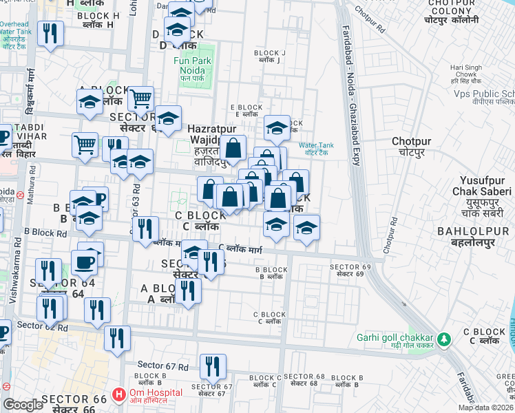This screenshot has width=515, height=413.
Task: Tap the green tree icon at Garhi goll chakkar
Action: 444,338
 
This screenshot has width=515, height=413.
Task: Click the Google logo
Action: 23,405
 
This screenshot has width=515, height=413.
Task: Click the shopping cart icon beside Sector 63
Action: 140,99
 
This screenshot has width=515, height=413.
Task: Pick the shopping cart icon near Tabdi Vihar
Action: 85,145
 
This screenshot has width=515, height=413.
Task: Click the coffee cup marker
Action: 84,262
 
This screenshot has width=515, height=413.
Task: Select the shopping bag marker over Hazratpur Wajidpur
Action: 233,147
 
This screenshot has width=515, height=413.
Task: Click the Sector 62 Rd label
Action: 42,326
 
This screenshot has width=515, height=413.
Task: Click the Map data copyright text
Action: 485,407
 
